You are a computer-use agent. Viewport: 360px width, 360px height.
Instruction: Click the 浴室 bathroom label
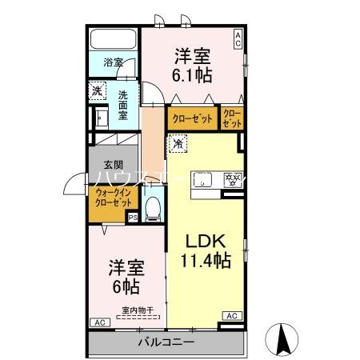pyautogui.click(x=113, y=62)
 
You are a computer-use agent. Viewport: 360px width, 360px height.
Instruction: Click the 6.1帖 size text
pyautogui.click(x=192, y=73)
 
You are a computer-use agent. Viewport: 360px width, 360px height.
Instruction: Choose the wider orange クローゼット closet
pyautogui.click(x=192, y=118)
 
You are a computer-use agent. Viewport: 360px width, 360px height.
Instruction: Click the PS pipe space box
pyautogui.click(x=134, y=216)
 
